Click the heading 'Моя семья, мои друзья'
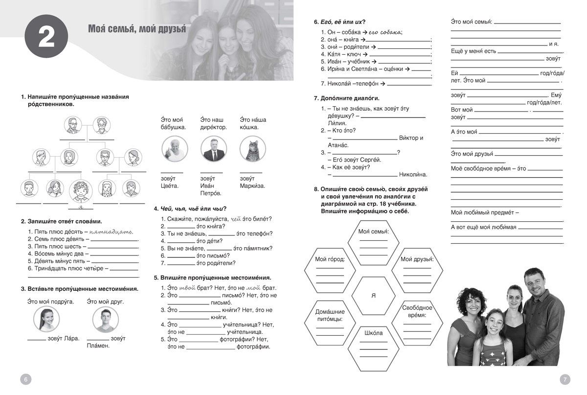coord(137,28)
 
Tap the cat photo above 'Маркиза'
coord(253,149)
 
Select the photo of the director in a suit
coord(214,149)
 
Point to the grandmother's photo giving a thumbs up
coord(174,149)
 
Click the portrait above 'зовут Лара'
coord(46,320)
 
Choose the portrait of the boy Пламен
coord(106,320)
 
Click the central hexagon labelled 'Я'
coord(374,296)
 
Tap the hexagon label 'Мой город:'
coord(329,259)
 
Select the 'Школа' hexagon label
coord(374,333)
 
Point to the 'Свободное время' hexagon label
coord(417,311)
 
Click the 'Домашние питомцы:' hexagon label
coord(329,315)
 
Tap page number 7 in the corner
coord(564,379)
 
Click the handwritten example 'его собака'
coord(384,32)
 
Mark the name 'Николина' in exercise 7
coord(413,174)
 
